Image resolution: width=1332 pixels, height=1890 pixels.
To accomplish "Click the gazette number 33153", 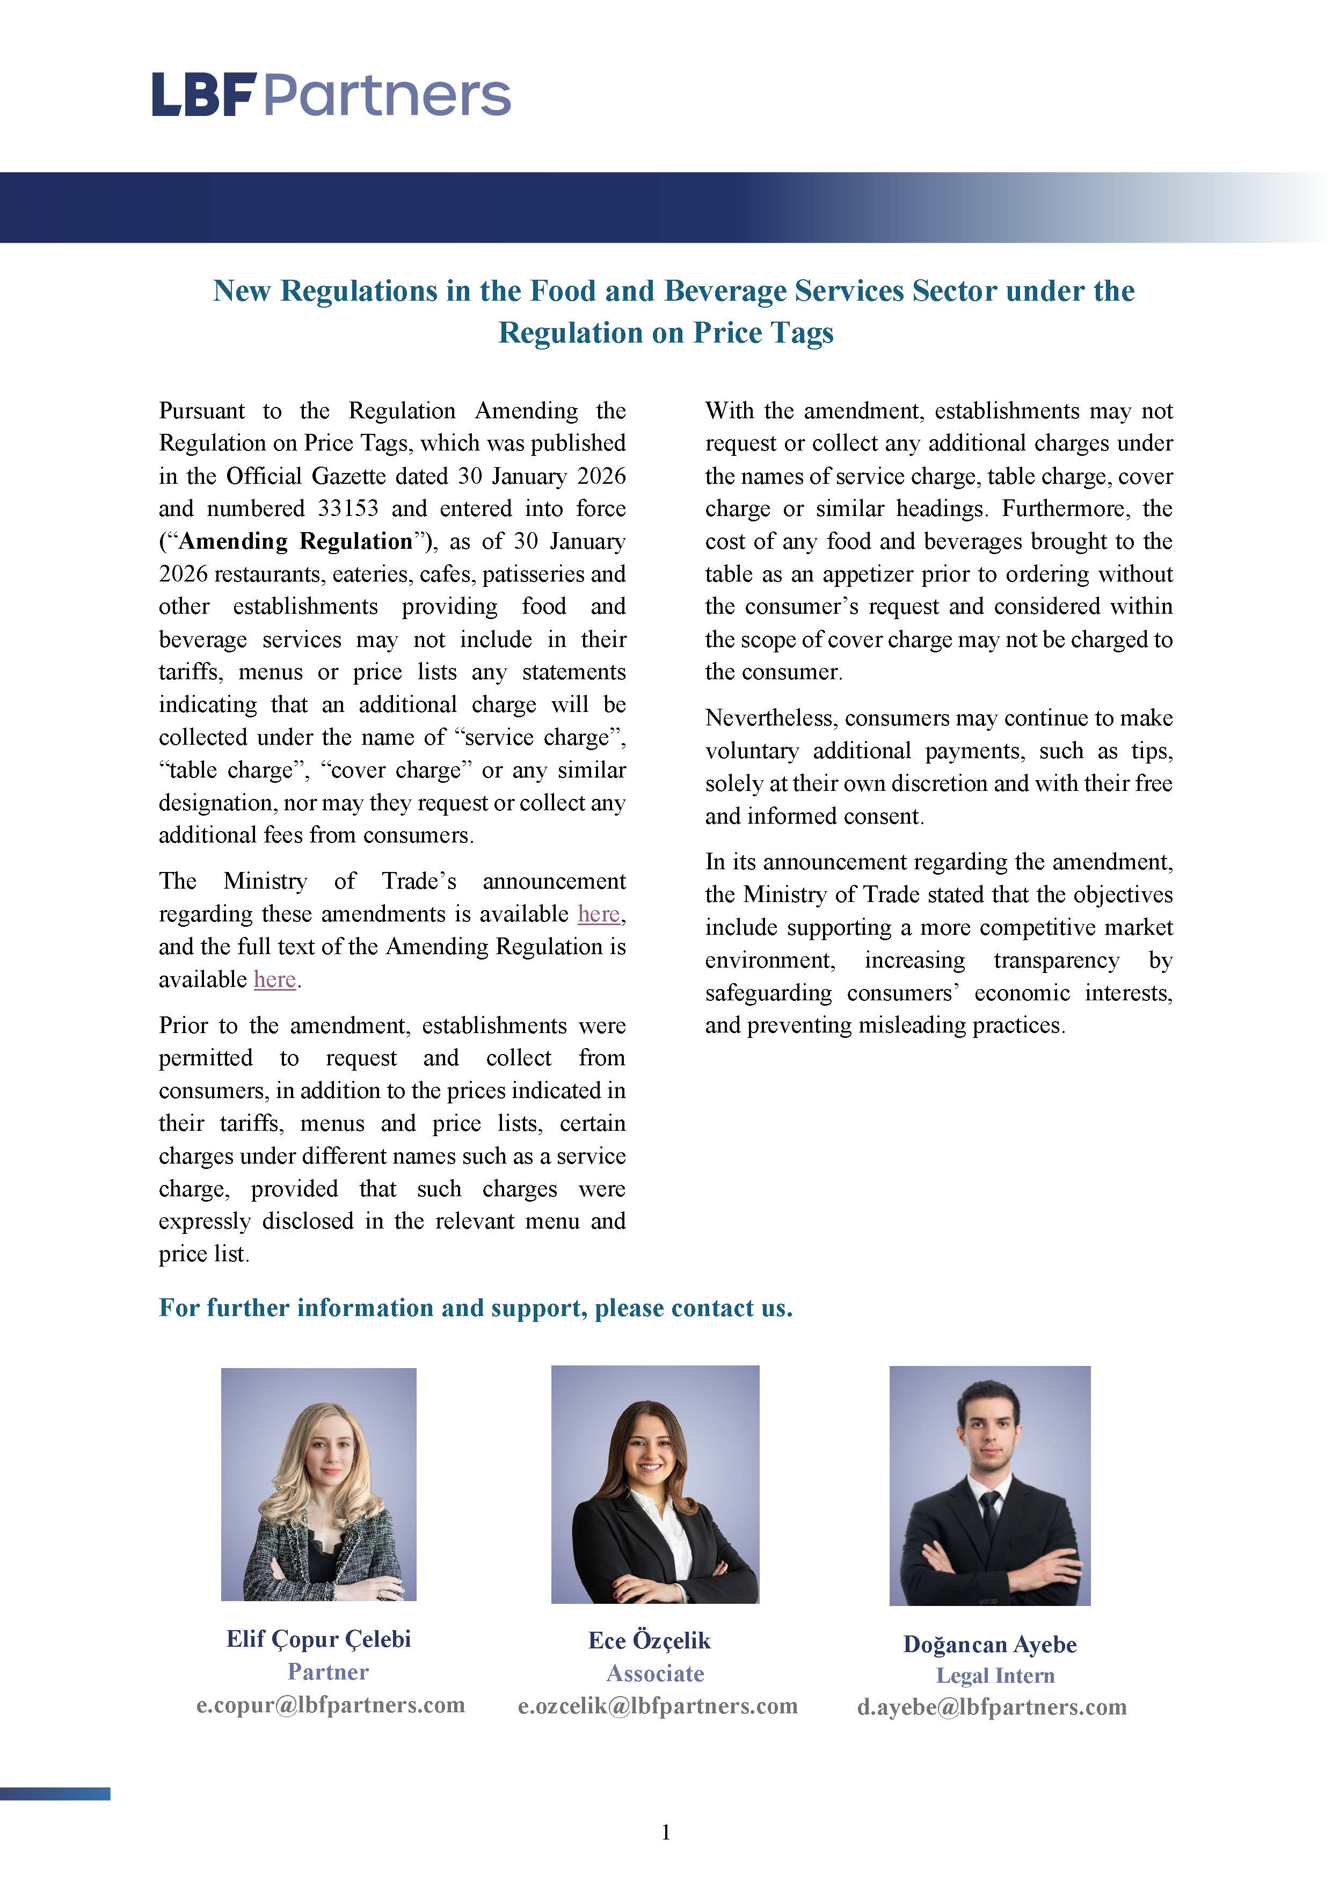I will tap(348, 508).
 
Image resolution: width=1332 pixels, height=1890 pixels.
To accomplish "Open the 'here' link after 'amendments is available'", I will tap(599, 914).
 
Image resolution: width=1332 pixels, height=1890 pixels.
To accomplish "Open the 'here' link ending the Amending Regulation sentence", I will tap(274, 979).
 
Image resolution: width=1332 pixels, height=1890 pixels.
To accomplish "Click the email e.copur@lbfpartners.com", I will tap(330, 1704).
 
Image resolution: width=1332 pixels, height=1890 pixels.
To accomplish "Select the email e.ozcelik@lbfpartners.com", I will tap(657, 1706).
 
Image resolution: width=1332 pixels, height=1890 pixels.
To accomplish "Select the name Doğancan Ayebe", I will tap(989, 1644).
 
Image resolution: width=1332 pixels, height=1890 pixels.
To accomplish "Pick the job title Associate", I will tap(656, 1674).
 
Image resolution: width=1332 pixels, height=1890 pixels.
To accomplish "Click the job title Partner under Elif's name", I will tap(327, 1672).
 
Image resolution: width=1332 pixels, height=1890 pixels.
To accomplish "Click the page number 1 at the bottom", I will tap(666, 1833).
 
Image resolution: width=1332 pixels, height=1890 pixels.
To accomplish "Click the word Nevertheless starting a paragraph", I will tap(770, 718).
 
